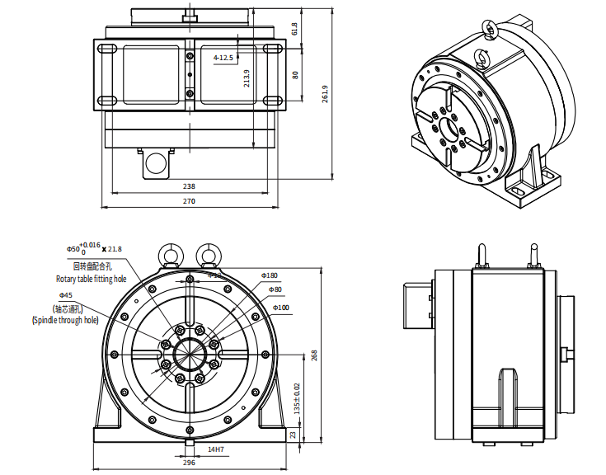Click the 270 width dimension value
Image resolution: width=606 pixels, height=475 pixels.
[x=189, y=201]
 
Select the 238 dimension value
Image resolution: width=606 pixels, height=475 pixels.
[x=189, y=187]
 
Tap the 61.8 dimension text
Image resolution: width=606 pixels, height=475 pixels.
[x=295, y=30]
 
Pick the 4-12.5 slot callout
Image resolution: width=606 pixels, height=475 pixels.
[x=223, y=58]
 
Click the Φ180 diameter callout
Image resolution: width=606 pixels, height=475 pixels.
[x=270, y=275]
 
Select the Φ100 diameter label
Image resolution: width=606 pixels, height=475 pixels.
[x=281, y=308]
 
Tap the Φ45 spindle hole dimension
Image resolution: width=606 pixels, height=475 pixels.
[x=66, y=294]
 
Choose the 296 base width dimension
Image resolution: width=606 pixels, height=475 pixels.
[x=189, y=463]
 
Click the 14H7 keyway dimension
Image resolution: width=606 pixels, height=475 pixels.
[x=216, y=449]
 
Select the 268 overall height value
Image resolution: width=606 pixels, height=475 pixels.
[x=313, y=355]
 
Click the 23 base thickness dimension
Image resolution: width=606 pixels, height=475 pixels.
[x=294, y=434]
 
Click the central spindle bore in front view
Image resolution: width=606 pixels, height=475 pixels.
[x=189, y=355]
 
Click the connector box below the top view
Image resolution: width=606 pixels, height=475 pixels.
[x=155, y=164]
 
